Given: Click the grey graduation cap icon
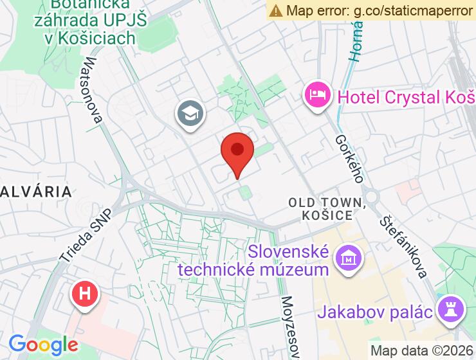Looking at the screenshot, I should [190, 114].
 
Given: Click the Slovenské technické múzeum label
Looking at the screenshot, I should [253, 260].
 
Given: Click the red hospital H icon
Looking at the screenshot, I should [84, 294].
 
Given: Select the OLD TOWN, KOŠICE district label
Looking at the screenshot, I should [327, 209].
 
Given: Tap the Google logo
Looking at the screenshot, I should [43, 345].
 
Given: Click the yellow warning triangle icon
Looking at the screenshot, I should [276, 10].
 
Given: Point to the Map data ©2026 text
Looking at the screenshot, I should [422, 351].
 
